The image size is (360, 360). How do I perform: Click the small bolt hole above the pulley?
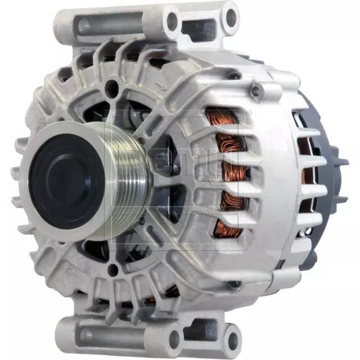(114, 85)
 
